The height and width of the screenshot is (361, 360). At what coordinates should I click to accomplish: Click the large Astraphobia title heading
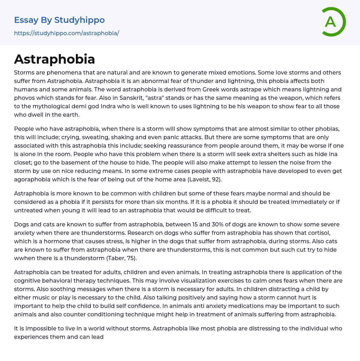(54, 59)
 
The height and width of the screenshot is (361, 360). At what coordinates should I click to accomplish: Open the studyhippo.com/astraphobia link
(66, 33)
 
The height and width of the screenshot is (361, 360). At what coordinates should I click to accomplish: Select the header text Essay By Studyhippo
(59, 20)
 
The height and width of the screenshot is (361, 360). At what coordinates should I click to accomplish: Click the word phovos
(24, 98)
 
